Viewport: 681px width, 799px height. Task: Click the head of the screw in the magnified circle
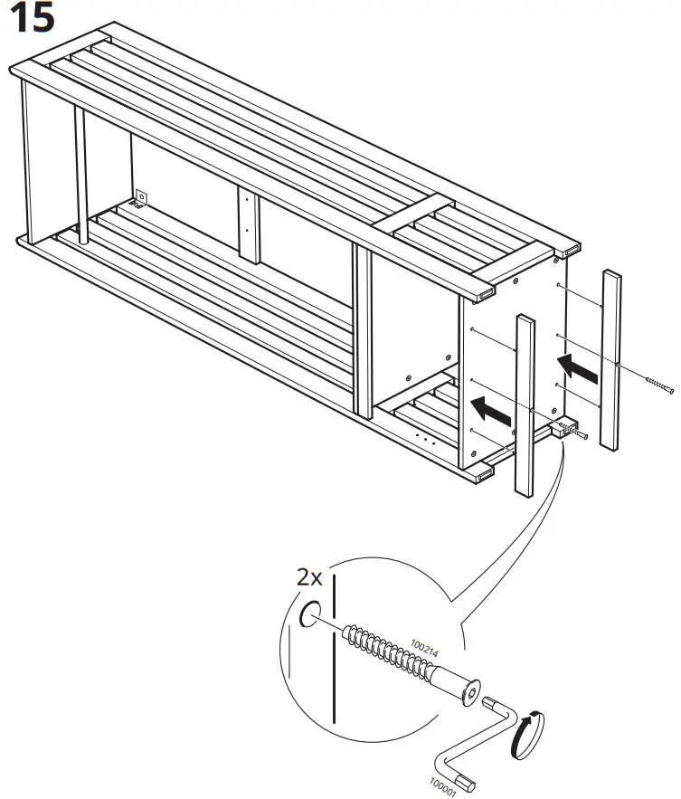(x=468, y=694)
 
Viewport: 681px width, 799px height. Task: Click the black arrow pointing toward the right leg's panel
(x=578, y=366)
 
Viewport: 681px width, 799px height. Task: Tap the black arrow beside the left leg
(x=492, y=411)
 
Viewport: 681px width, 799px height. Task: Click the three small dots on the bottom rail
(x=424, y=439)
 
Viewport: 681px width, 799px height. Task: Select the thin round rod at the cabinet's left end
(x=80, y=176)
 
